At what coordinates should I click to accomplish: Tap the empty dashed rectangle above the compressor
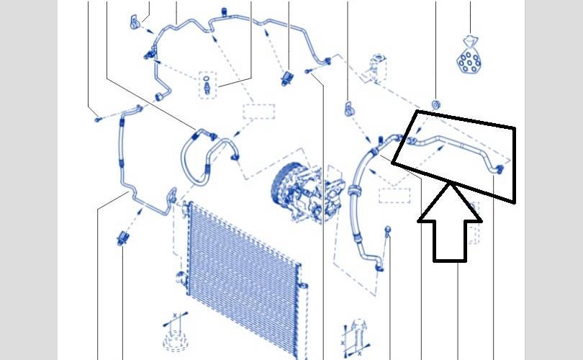tap(258, 114)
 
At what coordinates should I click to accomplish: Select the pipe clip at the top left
tap(133, 22)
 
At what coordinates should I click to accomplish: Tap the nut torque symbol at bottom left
tap(173, 334)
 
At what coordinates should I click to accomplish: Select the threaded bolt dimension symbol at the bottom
tap(356, 334)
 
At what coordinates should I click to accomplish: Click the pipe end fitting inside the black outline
tap(496, 168)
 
